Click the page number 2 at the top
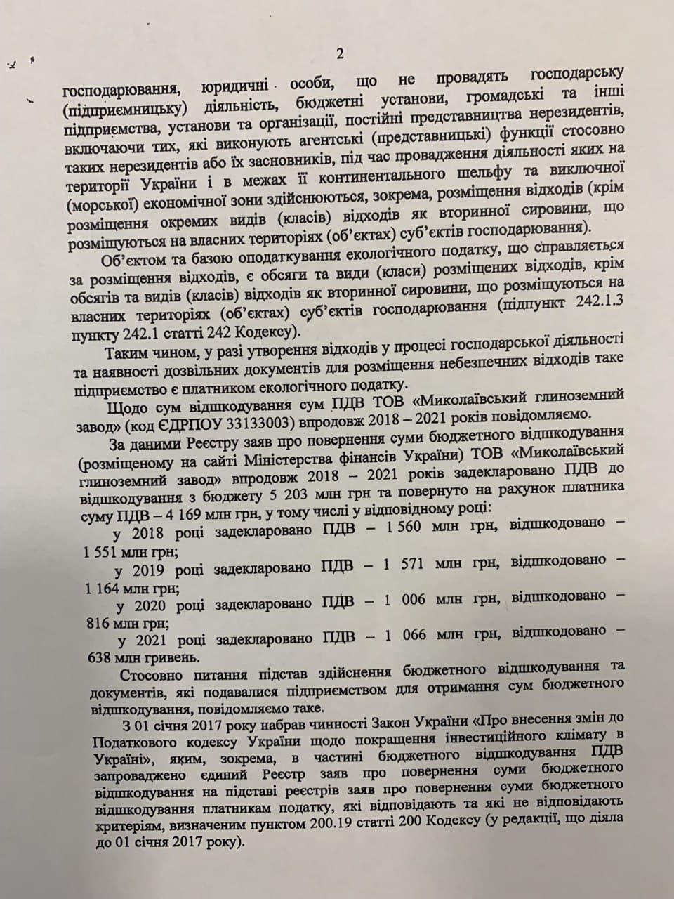(340, 54)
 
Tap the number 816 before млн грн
(95, 622)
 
